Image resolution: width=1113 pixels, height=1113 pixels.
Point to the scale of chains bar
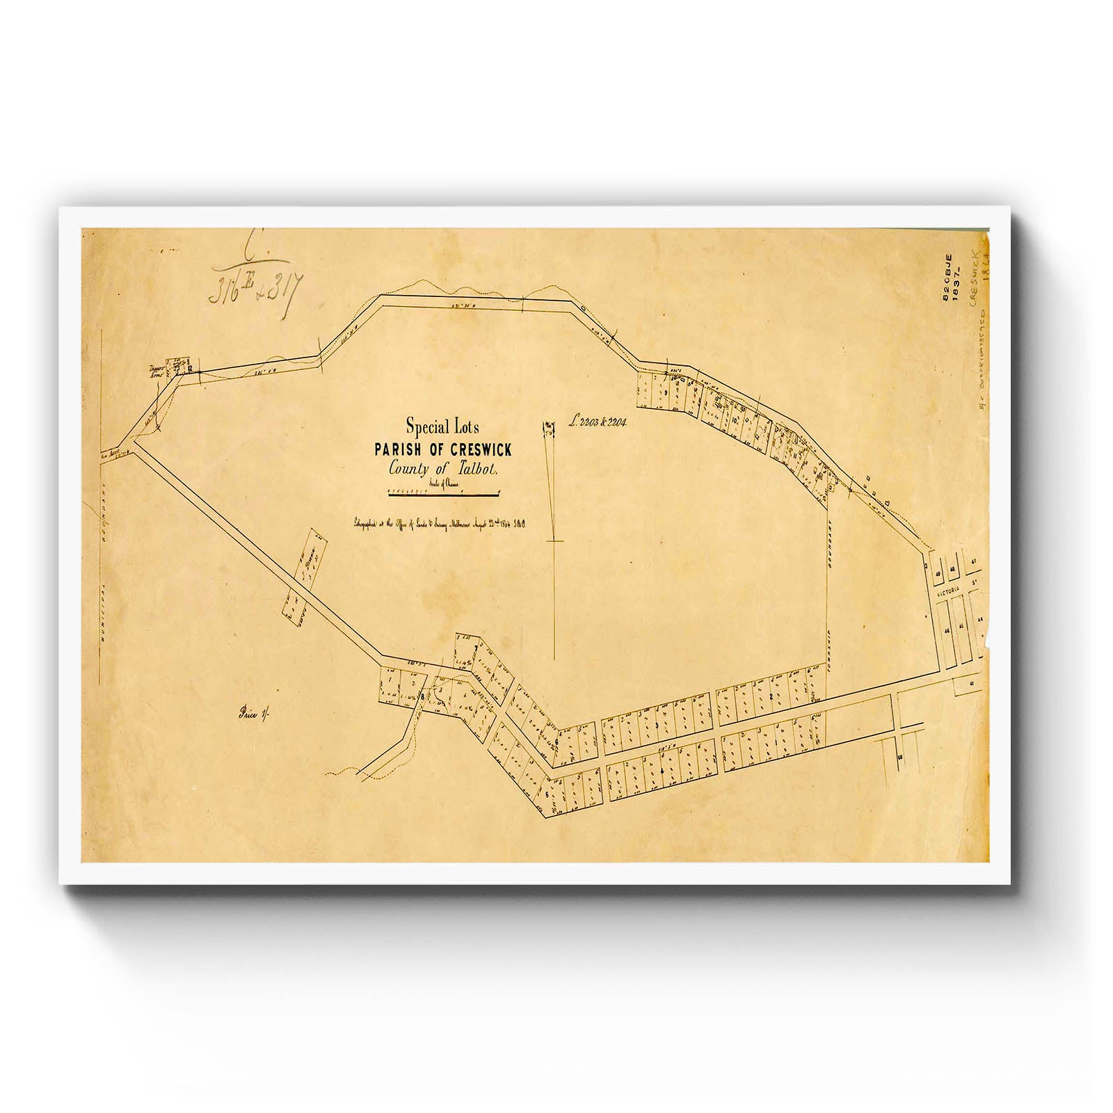[443, 495]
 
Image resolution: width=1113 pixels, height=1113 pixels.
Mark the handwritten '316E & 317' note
[253, 283]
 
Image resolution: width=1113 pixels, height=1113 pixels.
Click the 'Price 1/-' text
[247, 712]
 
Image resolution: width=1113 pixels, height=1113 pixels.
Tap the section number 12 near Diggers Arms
[189, 368]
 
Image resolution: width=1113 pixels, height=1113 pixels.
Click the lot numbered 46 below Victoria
[947, 630]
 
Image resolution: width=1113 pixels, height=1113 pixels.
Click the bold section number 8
[422, 696]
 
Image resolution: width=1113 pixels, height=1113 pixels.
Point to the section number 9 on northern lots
[666, 393]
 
